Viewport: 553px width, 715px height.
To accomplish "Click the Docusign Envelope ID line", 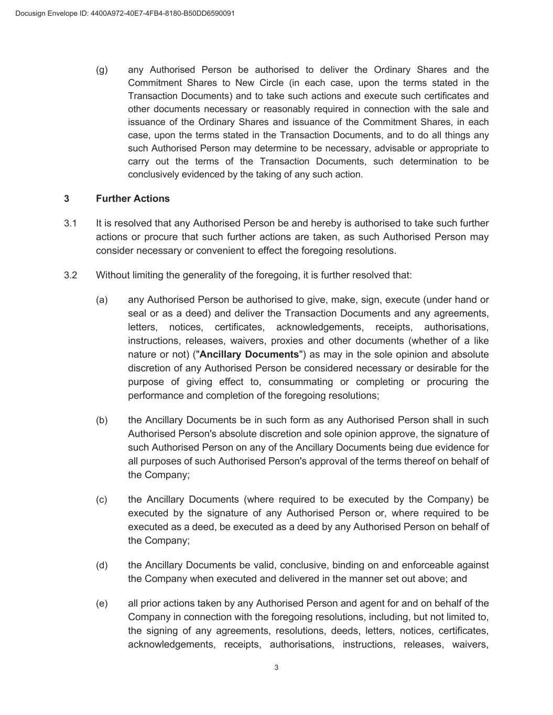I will pyautogui.click(x=125, y=13).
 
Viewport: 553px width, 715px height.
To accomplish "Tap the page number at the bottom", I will pyautogui.click(x=276, y=667).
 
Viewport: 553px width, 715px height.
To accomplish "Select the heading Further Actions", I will pyautogui.click(x=133, y=199).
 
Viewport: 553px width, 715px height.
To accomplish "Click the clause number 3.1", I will pyautogui.click(x=71, y=223).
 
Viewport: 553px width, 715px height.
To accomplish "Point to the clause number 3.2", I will pyautogui.click(x=71, y=275).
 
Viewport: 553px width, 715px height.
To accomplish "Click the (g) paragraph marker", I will pyautogui.click(x=102, y=70).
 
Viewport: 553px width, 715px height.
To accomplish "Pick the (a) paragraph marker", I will pyautogui.click(x=102, y=300).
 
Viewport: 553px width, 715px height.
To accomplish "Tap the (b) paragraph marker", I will pyautogui.click(x=102, y=420).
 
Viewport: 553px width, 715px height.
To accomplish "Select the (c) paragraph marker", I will pyautogui.click(x=102, y=499).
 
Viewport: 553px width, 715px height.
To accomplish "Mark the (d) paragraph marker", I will pyautogui.click(x=102, y=565).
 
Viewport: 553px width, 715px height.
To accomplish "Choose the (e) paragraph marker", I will pyautogui.click(x=102, y=603).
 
